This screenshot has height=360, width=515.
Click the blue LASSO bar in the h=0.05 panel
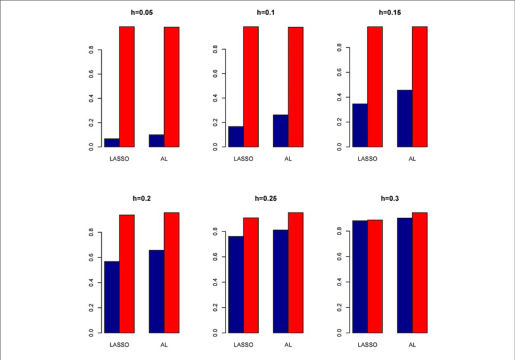111,142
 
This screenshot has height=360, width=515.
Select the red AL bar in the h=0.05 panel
171,87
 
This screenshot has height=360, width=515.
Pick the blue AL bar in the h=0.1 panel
281,131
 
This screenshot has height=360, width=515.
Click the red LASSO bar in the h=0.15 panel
374,87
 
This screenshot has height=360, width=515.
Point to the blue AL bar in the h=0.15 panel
405,118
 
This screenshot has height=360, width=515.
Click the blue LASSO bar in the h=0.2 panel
111,297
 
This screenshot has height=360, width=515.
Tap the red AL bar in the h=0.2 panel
171,273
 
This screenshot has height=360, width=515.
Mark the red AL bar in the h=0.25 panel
296,273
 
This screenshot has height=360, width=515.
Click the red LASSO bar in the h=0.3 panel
374,276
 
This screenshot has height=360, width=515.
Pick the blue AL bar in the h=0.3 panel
405,275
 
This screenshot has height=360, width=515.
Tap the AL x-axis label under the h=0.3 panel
412,345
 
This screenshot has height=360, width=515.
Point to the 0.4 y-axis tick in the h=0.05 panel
91,98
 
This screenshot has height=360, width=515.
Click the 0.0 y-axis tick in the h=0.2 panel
91,333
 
